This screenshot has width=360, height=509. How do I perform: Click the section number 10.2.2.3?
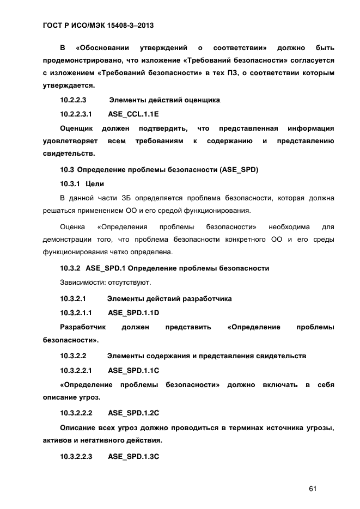[74, 100]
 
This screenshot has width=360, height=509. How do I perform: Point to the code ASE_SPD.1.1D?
[133, 313]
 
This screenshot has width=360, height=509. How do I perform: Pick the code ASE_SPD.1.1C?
[133, 370]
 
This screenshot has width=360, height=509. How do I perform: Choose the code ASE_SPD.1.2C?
[133, 412]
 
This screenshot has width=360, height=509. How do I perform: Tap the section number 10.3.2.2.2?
[76, 412]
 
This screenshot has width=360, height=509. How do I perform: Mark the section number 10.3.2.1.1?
[76, 313]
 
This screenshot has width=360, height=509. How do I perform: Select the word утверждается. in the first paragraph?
[69, 85]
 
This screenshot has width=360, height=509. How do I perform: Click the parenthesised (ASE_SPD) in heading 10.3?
[238, 170]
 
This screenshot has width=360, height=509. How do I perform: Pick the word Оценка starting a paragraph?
[71, 226]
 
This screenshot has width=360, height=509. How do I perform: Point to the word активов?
[57, 440]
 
